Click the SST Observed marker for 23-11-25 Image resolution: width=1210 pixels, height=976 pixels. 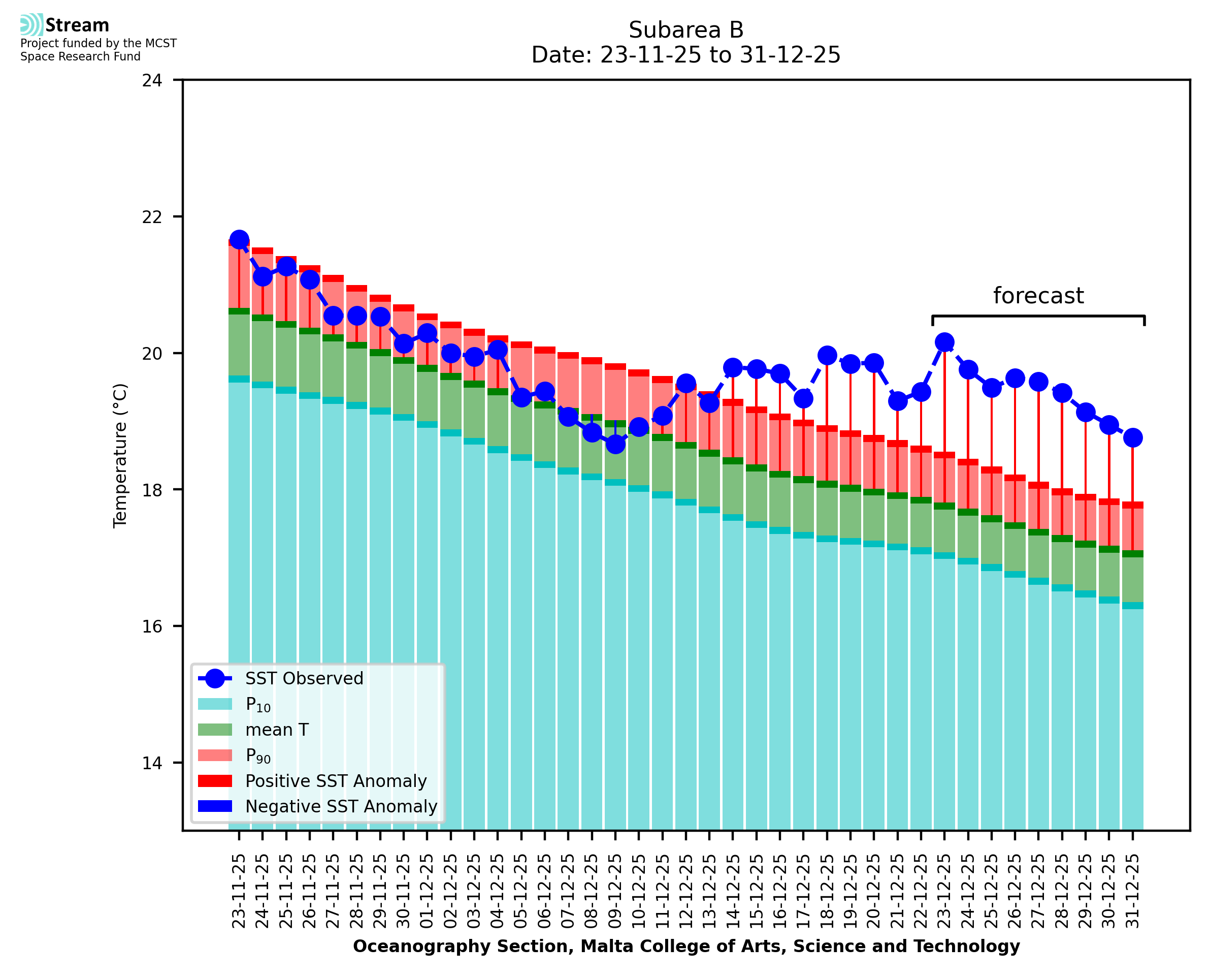239,239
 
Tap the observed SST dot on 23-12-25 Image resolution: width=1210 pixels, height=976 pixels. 944,342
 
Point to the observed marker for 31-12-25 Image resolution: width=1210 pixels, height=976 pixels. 1132,437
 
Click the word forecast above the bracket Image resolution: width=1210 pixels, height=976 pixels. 1038,296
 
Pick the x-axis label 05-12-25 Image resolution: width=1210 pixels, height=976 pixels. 521,891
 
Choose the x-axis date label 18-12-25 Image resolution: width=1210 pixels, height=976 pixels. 827,891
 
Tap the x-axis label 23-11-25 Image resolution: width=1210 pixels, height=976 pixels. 239,891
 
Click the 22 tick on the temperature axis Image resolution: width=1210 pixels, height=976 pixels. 152,217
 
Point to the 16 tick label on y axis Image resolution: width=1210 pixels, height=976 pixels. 152,626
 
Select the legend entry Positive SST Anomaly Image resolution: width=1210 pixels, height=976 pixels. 336,781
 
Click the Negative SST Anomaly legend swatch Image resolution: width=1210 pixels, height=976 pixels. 215,806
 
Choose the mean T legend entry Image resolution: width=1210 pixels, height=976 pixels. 277,730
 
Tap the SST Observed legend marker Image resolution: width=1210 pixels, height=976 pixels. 215,679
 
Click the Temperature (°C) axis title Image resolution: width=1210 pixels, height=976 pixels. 120,455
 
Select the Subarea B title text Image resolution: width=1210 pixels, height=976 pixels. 686,30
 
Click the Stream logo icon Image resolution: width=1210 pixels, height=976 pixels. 31,25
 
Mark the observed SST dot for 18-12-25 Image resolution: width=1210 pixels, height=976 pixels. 827,355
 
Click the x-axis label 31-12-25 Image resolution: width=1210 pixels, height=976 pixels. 1132,891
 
